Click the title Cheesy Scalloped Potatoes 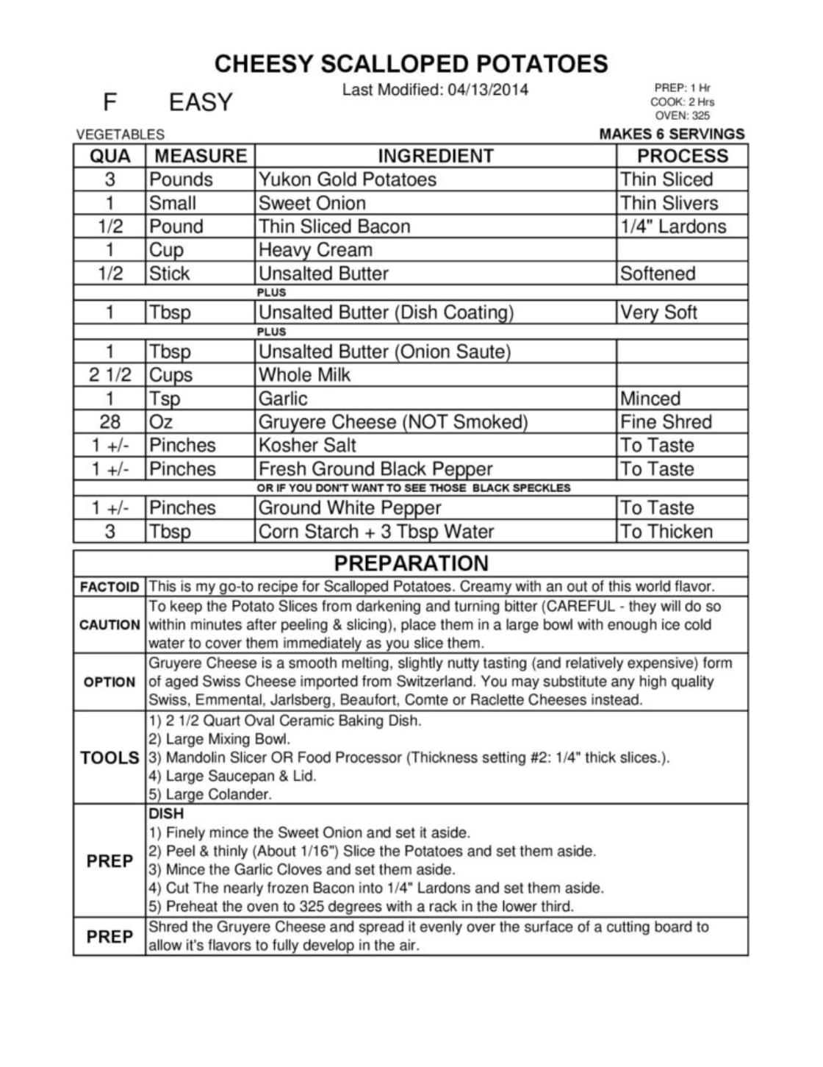pyautogui.click(x=411, y=64)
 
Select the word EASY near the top pyautogui.click(x=200, y=102)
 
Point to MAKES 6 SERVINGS pyautogui.click(x=672, y=134)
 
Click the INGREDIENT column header pyautogui.click(x=435, y=156)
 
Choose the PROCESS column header pyautogui.click(x=682, y=156)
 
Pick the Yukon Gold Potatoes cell pyautogui.click(x=347, y=179)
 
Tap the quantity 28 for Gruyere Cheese pyautogui.click(x=109, y=422)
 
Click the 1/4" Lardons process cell pyautogui.click(x=672, y=226)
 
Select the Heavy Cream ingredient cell pyautogui.click(x=315, y=250)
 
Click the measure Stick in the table pyautogui.click(x=169, y=274)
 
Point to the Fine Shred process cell pyautogui.click(x=666, y=422)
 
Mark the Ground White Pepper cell pyautogui.click(x=349, y=508)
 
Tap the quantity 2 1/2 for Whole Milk pyautogui.click(x=109, y=375)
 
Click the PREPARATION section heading pyautogui.click(x=411, y=563)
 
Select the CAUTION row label pyautogui.click(x=109, y=625)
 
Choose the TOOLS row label pyautogui.click(x=109, y=757)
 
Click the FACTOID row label pyautogui.click(x=109, y=587)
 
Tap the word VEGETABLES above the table pyautogui.click(x=120, y=135)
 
